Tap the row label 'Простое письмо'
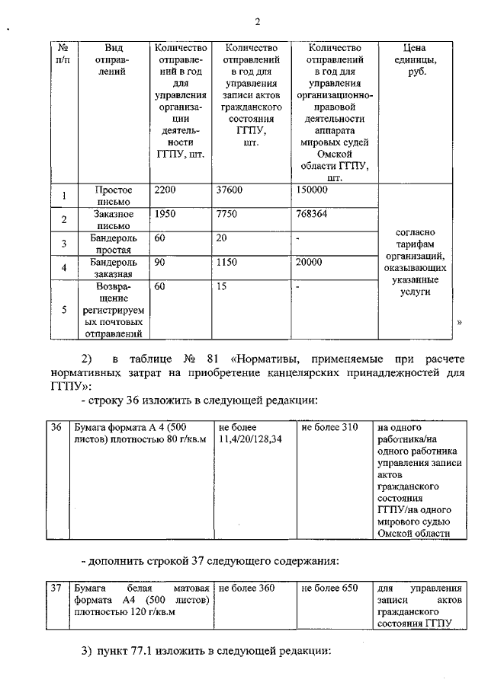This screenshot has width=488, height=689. click(x=114, y=196)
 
